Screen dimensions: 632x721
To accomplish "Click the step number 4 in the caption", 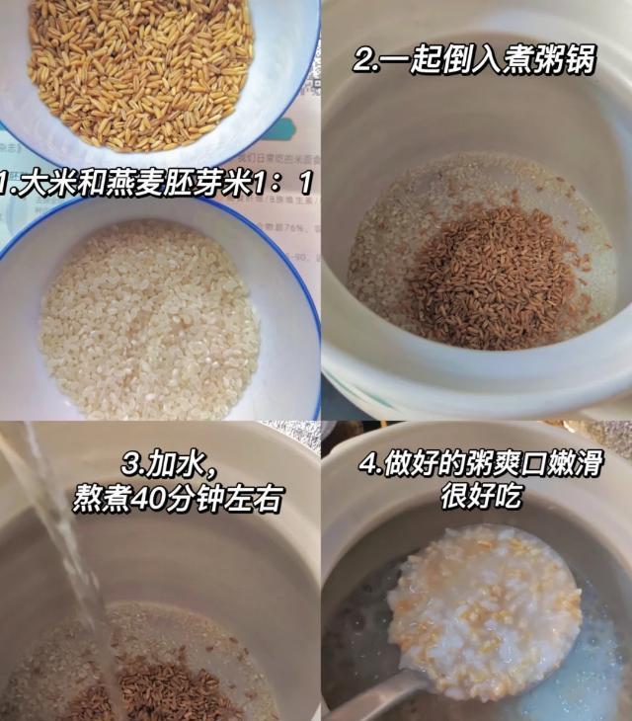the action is (x=368, y=464).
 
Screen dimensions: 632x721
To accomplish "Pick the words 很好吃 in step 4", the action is (x=481, y=496).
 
